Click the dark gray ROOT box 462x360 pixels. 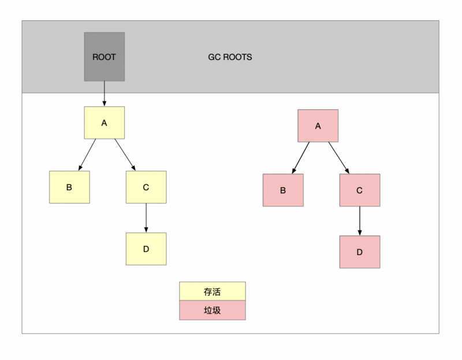point(104,57)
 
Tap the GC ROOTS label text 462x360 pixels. point(230,58)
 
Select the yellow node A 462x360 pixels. point(104,122)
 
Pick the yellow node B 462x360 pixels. point(69,187)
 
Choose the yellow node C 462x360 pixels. point(146,187)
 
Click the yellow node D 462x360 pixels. point(146,249)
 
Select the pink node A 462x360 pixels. point(318,125)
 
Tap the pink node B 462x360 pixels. point(283,190)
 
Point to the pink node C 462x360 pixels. point(360,190)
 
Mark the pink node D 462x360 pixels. point(360,252)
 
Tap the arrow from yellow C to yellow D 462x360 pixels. point(146,217)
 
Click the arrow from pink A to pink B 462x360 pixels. point(300,157)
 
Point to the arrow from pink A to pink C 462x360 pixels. point(338,157)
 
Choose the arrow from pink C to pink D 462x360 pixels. point(360,220)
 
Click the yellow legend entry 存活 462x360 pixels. point(213,292)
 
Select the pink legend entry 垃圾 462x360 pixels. point(213,310)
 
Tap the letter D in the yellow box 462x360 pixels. point(146,249)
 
